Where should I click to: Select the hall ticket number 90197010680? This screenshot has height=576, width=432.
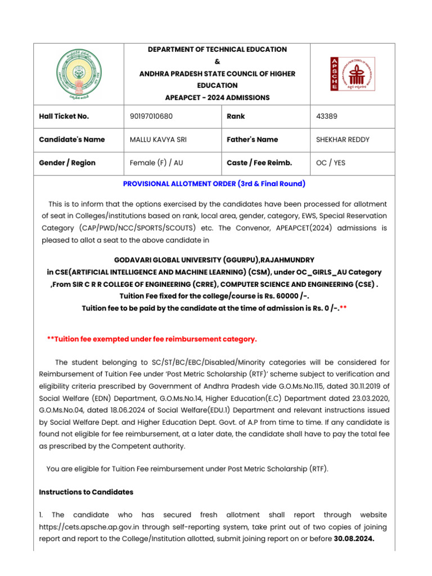(x=151, y=116)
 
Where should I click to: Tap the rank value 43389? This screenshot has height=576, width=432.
(x=327, y=116)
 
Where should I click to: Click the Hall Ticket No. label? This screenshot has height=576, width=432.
(x=64, y=116)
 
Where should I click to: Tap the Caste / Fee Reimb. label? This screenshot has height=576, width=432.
(x=259, y=163)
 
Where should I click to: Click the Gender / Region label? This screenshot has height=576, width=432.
(x=67, y=163)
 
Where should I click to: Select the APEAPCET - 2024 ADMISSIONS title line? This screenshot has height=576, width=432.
(x=217, y=97)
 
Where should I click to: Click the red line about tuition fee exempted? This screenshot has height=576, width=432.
(x=152, y=339)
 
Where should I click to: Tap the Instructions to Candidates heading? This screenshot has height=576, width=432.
(x=86, y=492)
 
